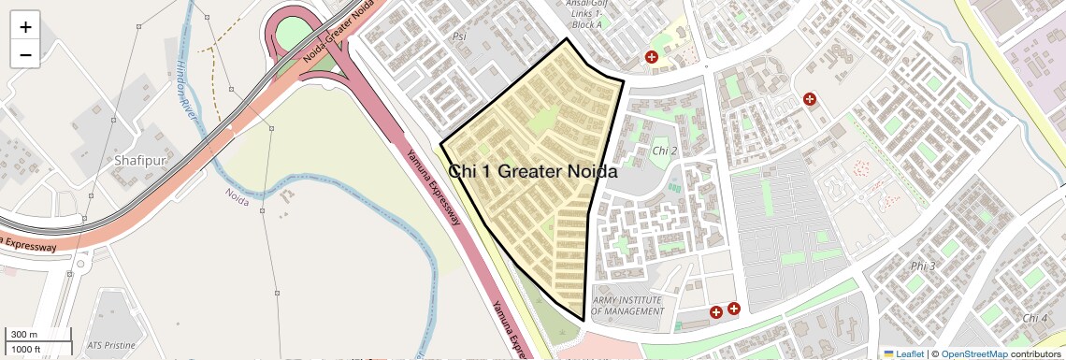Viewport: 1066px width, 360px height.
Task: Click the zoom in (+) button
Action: pyautogui.click(x=25, y=27)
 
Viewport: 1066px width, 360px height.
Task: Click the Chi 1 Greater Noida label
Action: pyautogui.click(x=533, y=172)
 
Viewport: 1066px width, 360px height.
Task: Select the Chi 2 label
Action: pyautogui.click(x=664, y=151)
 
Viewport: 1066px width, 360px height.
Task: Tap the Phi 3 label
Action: pyautogui.click(x=922, y=266)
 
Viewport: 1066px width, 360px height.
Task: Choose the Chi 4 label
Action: pyautogui.click(x=1035, y=318)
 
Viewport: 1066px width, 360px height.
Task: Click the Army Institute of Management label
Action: pyautogui.click(x=627, y=306)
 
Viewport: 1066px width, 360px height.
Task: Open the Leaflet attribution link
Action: pyautogui.click(x=903, y=353)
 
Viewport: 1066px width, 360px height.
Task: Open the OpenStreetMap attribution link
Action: pyautogui.click(x=973, y=353)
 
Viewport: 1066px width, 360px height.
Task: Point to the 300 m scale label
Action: pyautogui.click(x=23, y=335)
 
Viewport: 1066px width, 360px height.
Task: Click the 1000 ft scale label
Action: pyautogui.click(x=26, y=350)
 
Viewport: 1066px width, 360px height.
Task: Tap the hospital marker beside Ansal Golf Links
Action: pyautogui.click(x=652, y=58)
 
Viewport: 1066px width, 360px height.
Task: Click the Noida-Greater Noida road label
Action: pyautogui.click(x=339, y=30)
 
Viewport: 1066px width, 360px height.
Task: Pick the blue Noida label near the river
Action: pyautogui.click(x=238, y=197)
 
